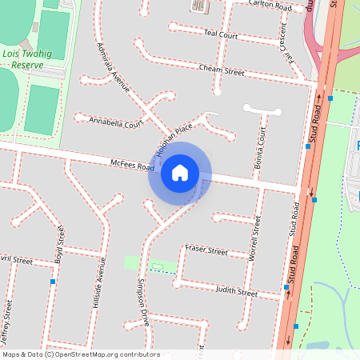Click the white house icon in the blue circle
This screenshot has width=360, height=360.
180,173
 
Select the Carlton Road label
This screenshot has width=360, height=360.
270,5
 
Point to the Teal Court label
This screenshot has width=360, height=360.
222,34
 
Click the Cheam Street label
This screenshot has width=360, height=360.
221,71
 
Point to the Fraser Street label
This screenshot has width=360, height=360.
206,250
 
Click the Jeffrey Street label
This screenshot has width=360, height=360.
8,319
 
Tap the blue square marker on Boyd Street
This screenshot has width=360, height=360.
53,282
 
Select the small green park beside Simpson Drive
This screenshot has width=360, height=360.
131,262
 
